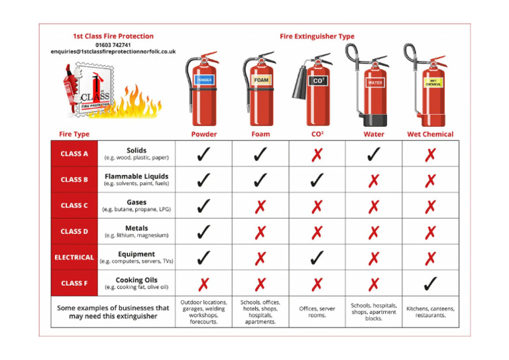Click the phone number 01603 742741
tap(113, 44)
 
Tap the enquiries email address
tap(113, 52)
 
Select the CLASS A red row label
tap(74, 154)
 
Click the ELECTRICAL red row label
tap(74, 257)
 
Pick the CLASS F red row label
tap(74, 283)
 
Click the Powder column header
tap(204, 134)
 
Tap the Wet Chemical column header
tap(430, 134)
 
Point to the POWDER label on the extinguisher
tap(204, 80)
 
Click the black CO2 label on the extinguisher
tap(318, 81)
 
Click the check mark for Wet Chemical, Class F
tap(430, 284)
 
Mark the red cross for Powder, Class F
tap(204, 284)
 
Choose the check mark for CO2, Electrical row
tap(317, 257)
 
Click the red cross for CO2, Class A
tap(317, 154)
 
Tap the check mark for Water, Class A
tap(374, 154)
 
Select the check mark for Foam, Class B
tap(260, 180)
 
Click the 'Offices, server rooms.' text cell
tap(317, 312)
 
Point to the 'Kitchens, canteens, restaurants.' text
tap(430, 312)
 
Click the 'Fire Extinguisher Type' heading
tap(317, 36)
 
